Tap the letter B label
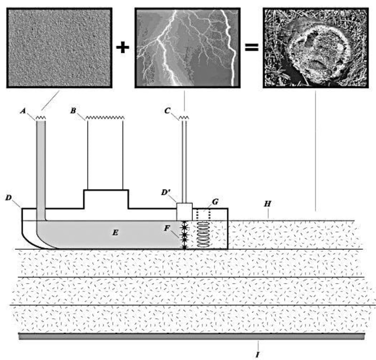click(x=73, y=111)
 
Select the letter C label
click(x=167, y=111)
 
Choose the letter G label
click(x=215, y=202)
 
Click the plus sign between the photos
click(x=123, y=48)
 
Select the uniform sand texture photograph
click(x=59, y=48)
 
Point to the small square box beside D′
click(x=185, y=212)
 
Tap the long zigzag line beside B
click(x=104, y=119)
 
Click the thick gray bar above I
click(x=191, y=336)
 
